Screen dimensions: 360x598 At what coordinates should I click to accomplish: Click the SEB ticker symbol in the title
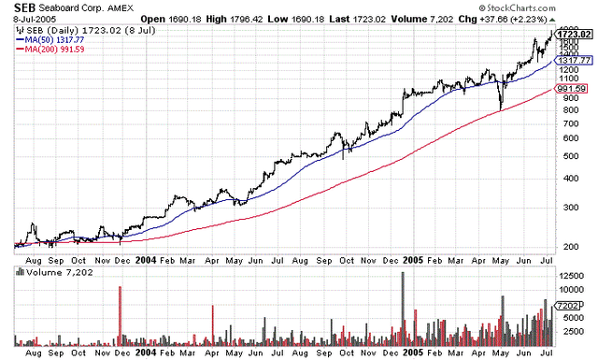pos(25,7)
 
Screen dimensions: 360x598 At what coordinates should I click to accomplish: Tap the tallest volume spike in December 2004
pos(403,273)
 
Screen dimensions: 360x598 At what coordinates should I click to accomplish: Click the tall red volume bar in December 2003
pos(121,288)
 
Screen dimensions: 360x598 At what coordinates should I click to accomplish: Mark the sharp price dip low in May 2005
pos(500,109)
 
